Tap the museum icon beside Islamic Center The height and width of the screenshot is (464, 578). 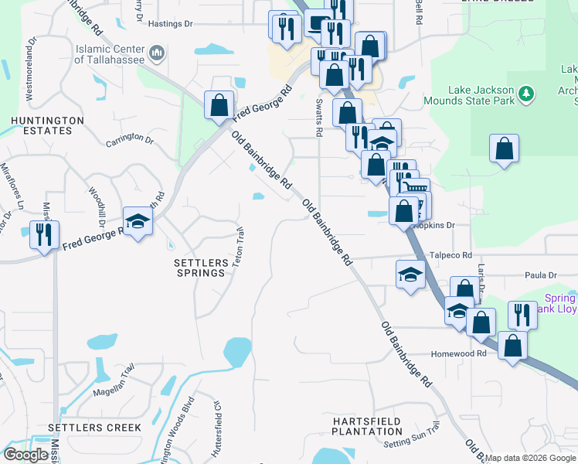[158, 53]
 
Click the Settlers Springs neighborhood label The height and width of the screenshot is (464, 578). [201, 268]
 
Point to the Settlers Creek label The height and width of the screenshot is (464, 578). [94, 427]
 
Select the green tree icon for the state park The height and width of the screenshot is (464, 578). [527, 94]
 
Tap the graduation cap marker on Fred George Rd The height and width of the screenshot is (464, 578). [138, 223]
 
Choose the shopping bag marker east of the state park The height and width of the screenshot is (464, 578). [504, 149]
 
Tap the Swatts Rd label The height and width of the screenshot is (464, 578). [318, 117]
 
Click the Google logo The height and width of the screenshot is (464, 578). [25, 454]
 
